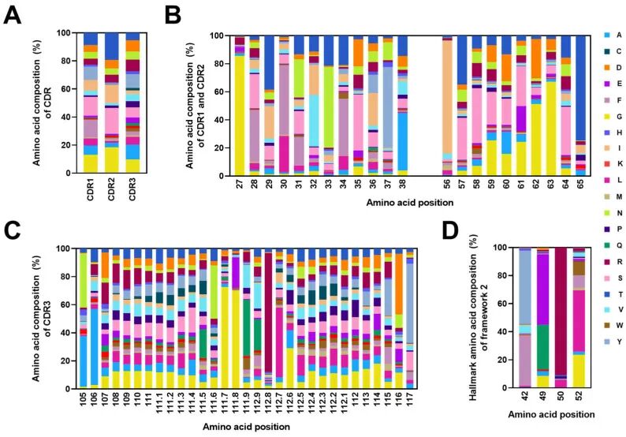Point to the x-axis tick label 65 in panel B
pyautogui.click(x=580, y=190)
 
